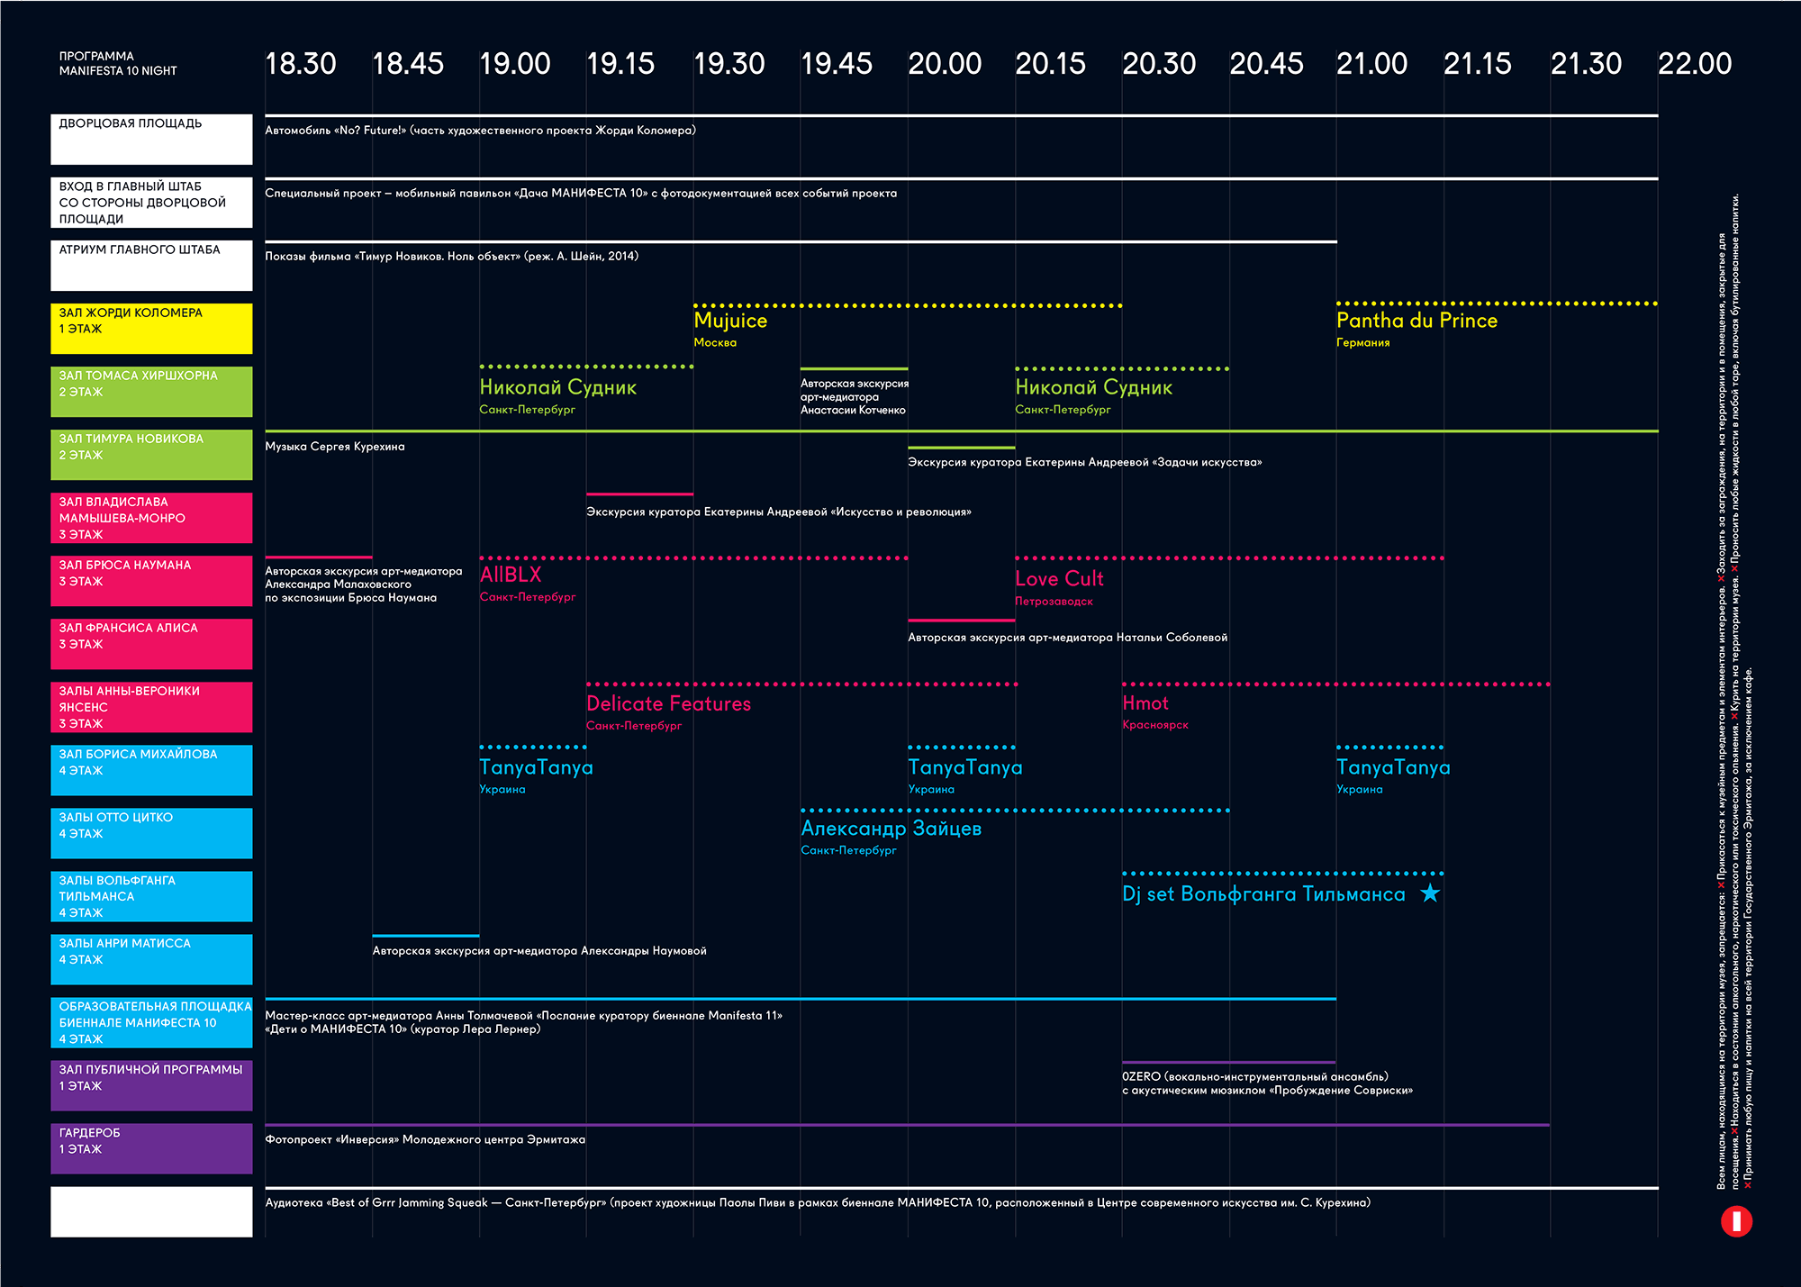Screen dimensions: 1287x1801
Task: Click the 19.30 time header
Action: coord(729,64)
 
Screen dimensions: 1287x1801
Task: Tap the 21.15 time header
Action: coord(1477,64)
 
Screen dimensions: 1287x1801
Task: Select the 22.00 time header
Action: coord(1694,64)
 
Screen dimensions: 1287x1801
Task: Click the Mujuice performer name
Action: coord(730,321)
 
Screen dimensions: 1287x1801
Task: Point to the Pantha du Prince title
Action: coord(1416,321)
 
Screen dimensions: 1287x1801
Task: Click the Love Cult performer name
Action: coord(1059,579)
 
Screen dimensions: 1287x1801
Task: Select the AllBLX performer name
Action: coord(511,575)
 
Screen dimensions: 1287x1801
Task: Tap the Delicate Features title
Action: coord(668,704)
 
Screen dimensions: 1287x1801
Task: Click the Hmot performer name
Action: coord(1145,703)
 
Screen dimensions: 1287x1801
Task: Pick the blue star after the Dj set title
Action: coord(1430,893)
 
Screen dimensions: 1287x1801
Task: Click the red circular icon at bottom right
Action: coord(1736,1221)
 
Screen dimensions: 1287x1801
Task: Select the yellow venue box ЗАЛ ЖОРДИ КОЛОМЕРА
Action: coord(151,329)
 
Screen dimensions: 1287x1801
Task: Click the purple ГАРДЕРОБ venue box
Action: coord(151,1148)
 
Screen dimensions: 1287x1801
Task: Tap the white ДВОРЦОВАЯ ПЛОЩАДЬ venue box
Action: coord(151,139)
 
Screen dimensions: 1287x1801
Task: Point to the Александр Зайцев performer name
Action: coord(891,829)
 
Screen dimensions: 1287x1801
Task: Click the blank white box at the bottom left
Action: coord(151,1211)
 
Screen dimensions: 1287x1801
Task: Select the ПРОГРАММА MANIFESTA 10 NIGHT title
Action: coord(118,63)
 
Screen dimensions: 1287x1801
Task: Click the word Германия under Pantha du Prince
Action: coord(1362,343)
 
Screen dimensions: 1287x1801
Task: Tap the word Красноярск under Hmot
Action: coord(1154,725)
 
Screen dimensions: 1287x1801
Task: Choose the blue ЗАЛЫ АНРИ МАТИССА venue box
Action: coord(151,959)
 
